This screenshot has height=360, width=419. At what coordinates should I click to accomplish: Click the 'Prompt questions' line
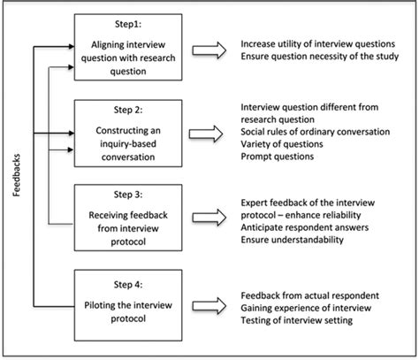(275, 158)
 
